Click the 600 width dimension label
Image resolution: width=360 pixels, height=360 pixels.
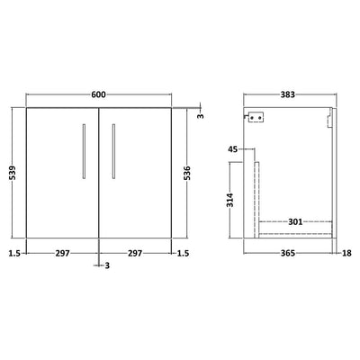(x=98, y=94)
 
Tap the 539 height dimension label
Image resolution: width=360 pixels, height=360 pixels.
(x=13, y=173)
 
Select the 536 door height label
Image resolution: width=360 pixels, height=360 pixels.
(x=186, y=173)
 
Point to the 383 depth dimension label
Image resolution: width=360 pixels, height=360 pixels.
(x=288, y=94)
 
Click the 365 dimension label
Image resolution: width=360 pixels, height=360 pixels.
(x=288, y=254)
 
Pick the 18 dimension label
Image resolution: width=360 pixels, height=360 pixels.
(x=346, y=254)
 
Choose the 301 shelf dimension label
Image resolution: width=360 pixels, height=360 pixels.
(x=295, y=222)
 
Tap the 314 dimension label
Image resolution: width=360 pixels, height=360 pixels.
(x=230, y=200)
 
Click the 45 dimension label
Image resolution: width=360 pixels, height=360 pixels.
(x=232, y=148)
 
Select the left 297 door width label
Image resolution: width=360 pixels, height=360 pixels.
(x=62, y=254)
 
